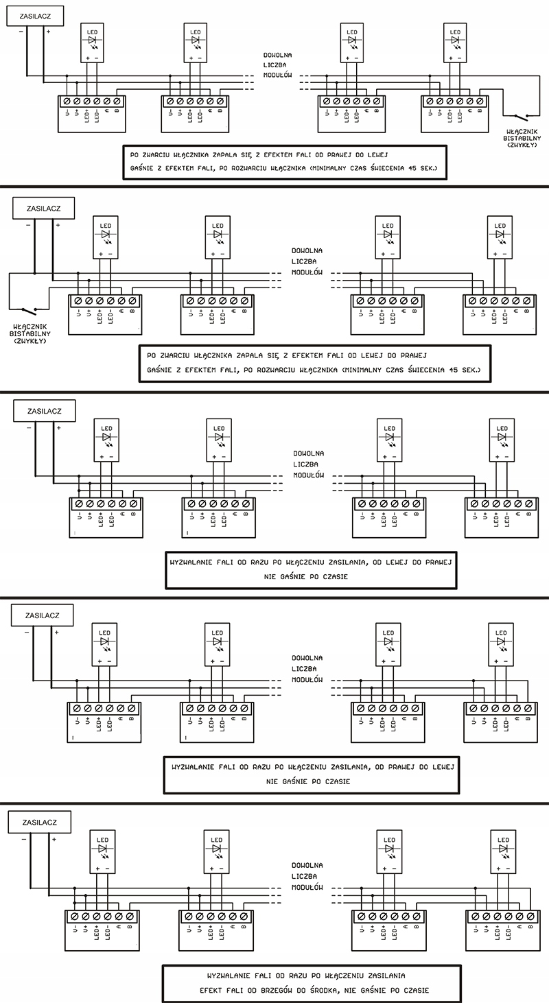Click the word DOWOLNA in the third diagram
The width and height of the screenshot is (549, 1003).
308,453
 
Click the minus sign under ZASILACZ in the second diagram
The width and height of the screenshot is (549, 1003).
28,224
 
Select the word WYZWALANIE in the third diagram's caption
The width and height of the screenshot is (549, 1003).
198,561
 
